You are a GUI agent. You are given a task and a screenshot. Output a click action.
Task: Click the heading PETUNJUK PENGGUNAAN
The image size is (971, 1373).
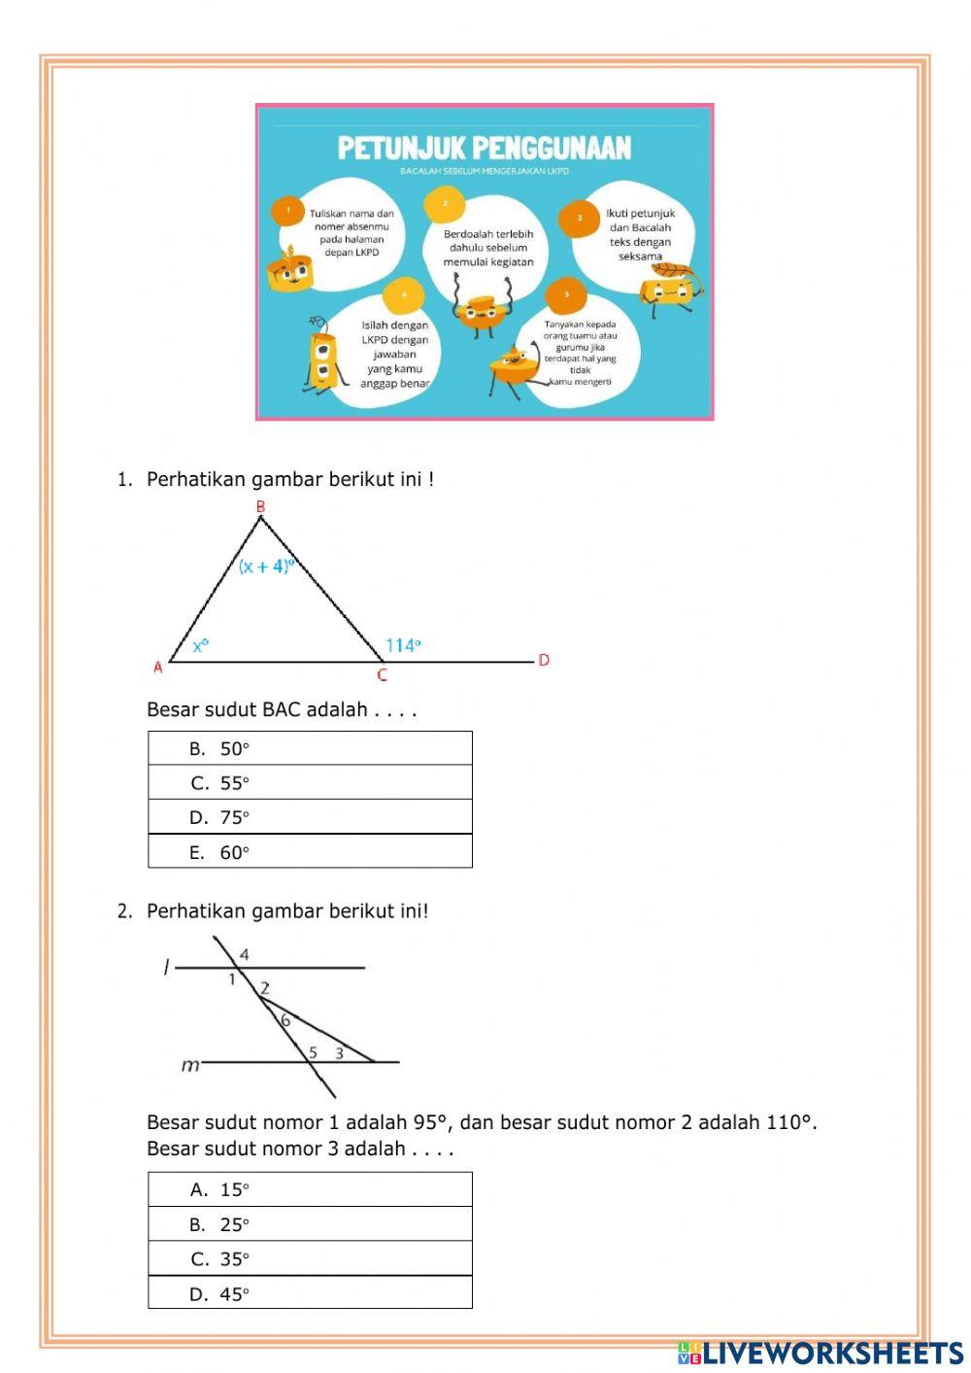(x=485, y=148)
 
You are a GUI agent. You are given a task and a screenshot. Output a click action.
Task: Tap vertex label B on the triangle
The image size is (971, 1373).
(x=260, y=506)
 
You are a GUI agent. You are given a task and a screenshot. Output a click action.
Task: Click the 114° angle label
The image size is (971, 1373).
(x=403, y=645)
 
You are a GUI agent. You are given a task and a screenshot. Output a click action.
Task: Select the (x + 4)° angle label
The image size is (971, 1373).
(x=266, y=566)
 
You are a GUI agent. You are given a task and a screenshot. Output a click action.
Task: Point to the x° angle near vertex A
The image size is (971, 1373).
(x=200, y=645)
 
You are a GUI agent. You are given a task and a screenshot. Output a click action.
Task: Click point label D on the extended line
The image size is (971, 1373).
(x=544, y=660)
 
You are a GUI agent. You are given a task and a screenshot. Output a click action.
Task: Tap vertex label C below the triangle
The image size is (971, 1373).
(x=382, y=675)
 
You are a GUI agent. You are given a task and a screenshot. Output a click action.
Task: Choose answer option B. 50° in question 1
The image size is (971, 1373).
(x=310, y=748)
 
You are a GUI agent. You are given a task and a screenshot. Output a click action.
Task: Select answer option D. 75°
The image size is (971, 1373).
(x=310, y=817)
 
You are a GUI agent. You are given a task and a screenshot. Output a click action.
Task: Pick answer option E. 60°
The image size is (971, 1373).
(x=310, y=852)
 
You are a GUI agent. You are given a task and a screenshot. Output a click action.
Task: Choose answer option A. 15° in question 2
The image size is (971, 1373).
(x=310, y=1189)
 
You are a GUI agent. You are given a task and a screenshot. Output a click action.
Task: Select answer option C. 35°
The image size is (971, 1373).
(x=310, y=1258)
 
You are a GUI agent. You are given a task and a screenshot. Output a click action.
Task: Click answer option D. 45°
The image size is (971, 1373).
(x=310, y=1293)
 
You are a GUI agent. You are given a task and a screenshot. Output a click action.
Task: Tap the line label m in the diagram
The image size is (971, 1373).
(x=190, y=1066)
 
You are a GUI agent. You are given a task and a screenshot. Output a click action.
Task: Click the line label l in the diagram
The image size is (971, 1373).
(x=166, y=967)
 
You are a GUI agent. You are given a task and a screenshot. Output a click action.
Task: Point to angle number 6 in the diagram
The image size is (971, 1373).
(x=285, y=1020)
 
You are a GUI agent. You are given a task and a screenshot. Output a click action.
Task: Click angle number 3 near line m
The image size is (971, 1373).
(x=339, y=1052)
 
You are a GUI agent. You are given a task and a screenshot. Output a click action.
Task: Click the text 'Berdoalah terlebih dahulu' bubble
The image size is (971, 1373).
(x=488, y=248)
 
